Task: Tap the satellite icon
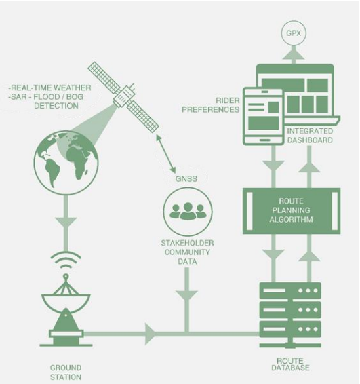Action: (x=123, y=97)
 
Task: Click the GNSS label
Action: (x=186, y=179)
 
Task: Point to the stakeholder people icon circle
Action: (x=188, y=212)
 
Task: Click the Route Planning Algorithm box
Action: (x=292, y=211)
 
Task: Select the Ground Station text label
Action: (x=66, y=372)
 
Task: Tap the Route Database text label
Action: (x=290, y=364)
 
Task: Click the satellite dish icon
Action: (x=66, y=310)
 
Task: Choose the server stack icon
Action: (x=290, y=315)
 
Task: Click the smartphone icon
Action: (x=263, y=117)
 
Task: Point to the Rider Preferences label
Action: (x=211, y=105)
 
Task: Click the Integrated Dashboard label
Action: (x=310, y=136)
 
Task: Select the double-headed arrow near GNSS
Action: (x=165, y=153)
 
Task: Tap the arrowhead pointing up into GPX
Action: (x=293, y=53)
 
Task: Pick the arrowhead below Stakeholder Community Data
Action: (x=186, y=296)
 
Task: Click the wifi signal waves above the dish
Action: (x=66, y=261)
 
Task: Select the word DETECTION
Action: (x=56, y=106)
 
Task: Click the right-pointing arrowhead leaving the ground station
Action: (x=151, y=334)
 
